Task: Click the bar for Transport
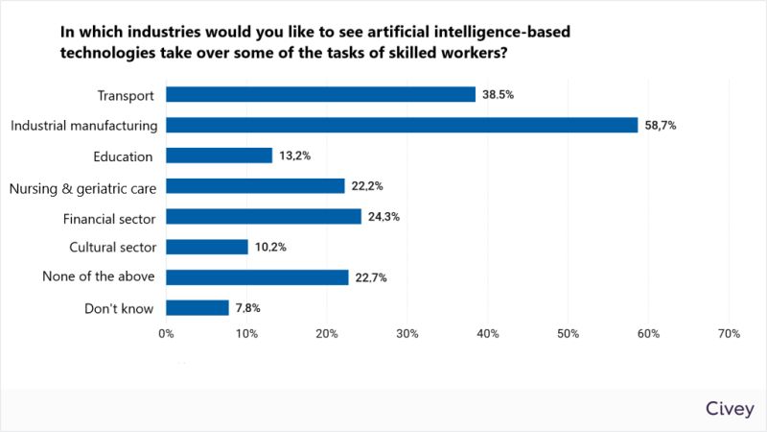coord(320,94)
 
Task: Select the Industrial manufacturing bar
coord(402,125)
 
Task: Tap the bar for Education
coord(219,156)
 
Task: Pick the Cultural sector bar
coord(207,247)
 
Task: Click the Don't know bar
coord(198,308)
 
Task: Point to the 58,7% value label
coord(661,126)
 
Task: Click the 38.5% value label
coord(499,95)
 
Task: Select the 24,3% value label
coord(383,217)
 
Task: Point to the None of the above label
coord(98,277)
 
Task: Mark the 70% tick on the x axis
coord(728,334)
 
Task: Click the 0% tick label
coord(166,334)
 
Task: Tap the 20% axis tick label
coord(326,334)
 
